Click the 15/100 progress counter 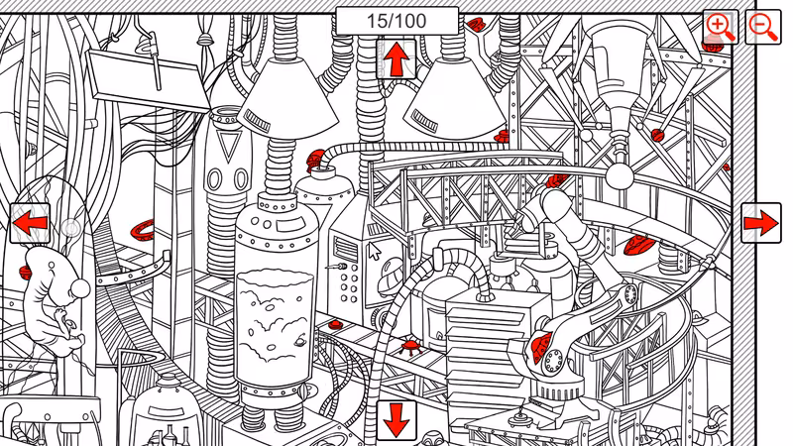[397, 21]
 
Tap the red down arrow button [396, 420]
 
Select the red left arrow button [31, 223]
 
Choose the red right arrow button [761, 223]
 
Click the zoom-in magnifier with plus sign [721, 27]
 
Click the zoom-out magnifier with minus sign [763, 27]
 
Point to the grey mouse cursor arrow [374, 251]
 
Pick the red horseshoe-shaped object [142, 231]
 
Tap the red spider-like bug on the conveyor [408, 347]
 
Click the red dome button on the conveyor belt [335, 324]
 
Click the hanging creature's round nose [80, 288]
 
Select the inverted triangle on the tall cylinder [228, 145]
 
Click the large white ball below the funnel [619, 175]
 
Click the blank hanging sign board [150, 80]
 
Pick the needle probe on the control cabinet [337, 266]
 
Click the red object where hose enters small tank [315, 161]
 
